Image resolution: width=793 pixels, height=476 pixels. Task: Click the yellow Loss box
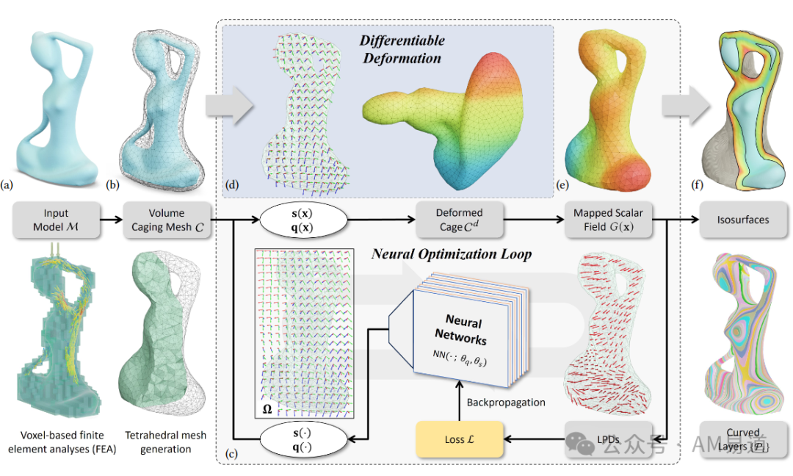460,439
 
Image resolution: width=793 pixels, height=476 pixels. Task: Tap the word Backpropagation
506,403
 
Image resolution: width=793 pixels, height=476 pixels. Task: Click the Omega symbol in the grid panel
267,409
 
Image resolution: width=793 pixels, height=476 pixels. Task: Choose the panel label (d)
233,187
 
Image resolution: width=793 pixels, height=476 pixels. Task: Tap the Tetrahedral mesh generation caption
166,442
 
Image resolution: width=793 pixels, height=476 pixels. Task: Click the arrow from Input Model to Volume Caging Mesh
108,218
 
